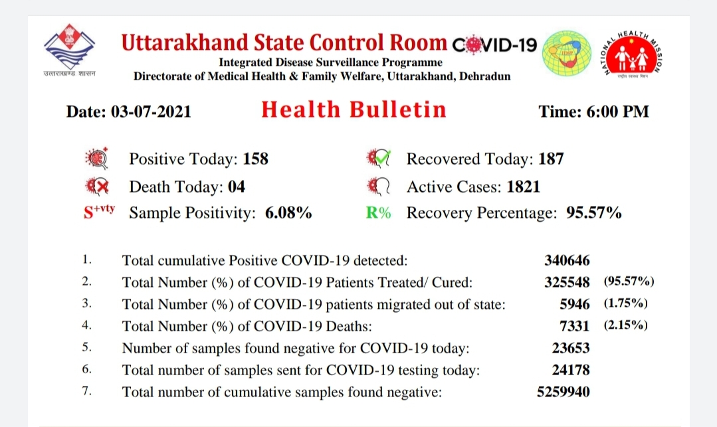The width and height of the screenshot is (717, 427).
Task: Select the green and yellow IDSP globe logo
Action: click(x=567, y=53)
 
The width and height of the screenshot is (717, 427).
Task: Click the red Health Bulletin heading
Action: click(x=354, y=110)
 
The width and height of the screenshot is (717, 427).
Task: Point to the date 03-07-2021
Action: click(x=151, y=112)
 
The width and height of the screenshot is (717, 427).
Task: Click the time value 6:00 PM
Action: click(x=617, y=112)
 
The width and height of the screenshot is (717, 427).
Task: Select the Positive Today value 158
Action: click(x=256, y=159)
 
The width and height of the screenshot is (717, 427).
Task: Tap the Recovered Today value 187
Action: click(x=551, y=159)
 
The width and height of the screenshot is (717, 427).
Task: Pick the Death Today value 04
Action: click(x=237, y=187)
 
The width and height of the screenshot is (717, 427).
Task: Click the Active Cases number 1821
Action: click(x=524, y=187)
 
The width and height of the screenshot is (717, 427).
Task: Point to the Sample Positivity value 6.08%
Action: click(x=288, y=213)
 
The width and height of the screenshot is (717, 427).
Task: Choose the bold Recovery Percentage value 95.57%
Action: click(x=594, y=213)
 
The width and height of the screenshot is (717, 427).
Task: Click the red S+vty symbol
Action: click(x=99, y=211)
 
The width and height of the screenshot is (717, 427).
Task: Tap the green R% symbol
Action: click(x=378, y=213)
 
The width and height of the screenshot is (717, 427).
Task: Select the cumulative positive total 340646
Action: click(x=567, y=260)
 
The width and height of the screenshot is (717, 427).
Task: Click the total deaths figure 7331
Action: click(x=574, y=326)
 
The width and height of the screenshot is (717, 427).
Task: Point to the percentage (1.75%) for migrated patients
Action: click(x=625, y=303)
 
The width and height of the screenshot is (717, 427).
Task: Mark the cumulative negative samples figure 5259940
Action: click(x=563, y=392)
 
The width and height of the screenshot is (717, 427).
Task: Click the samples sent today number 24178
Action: click(x=571, y=370)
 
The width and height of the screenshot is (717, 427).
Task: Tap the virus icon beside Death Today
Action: click(x=98, y=187)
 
